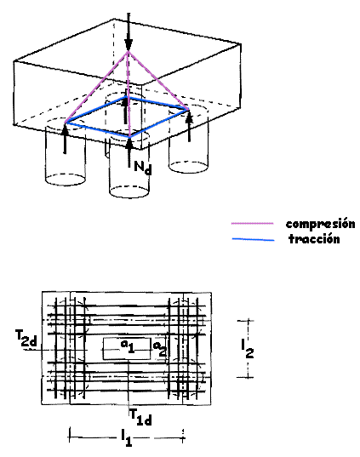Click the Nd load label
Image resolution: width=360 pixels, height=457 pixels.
tap(143, 168)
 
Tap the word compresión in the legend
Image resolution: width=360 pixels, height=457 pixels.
tap(320, 224)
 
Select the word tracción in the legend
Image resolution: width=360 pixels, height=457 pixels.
tap(314, 239)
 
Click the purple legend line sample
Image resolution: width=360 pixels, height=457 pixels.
tap(253, 224)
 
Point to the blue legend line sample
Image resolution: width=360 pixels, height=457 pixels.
tap(253, 240)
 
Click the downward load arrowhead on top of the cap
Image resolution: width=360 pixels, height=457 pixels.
tap(128, 45)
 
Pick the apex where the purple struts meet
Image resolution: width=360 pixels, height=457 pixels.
tap(128, 52)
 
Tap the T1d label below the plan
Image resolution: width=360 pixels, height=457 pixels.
tap(140, 417)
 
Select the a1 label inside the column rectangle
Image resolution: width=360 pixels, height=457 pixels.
tap(128, 346)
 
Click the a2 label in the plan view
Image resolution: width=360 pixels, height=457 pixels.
tap(160, 349)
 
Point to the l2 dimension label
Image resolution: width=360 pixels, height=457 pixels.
tap(247, 348)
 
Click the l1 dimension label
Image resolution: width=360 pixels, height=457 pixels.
tap(126, 438)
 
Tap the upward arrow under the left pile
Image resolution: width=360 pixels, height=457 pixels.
tap(65, 139)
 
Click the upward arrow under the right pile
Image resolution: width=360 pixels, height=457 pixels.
tap(190, 126)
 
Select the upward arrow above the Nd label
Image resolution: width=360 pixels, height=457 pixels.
tap(129, 151)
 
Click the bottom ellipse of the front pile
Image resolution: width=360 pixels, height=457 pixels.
tap(129, 191)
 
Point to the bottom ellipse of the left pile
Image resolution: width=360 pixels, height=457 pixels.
tap(66, 180)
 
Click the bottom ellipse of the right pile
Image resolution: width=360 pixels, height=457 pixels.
tap(189, 167)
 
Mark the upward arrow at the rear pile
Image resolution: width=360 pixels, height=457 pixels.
tap(125, 109)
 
